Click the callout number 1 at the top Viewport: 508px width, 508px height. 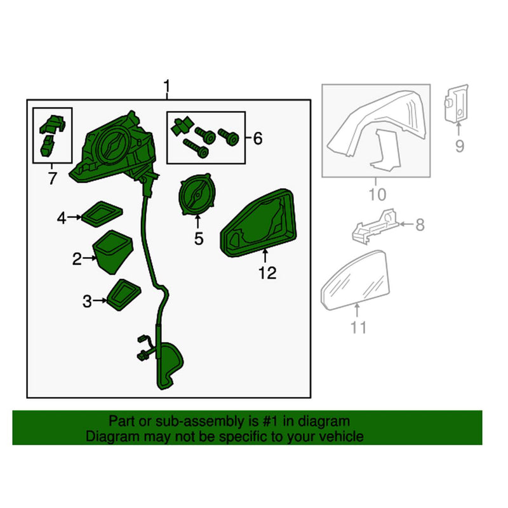click(167, 85)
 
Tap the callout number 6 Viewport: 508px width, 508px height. click(257, 138)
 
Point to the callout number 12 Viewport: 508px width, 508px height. click(267, 273)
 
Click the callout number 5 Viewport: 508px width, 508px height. click(198, 239)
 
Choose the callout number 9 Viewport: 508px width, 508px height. click(458, 147)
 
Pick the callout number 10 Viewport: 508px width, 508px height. click(377, 193)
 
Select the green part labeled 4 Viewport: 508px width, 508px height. click(100, 214)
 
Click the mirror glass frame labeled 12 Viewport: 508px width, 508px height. click(259, 224)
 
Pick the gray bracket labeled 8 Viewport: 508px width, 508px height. click(376, 226)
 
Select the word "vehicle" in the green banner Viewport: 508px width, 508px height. click(343, 436)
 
